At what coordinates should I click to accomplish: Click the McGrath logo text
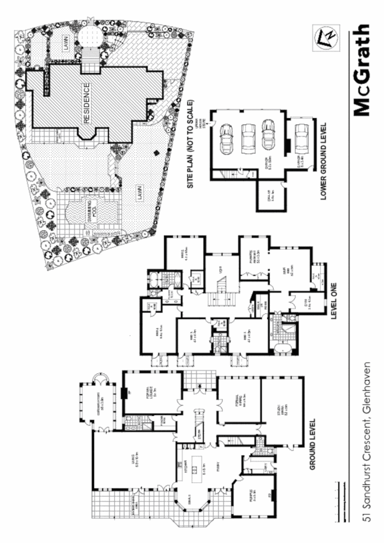[361, 71]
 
